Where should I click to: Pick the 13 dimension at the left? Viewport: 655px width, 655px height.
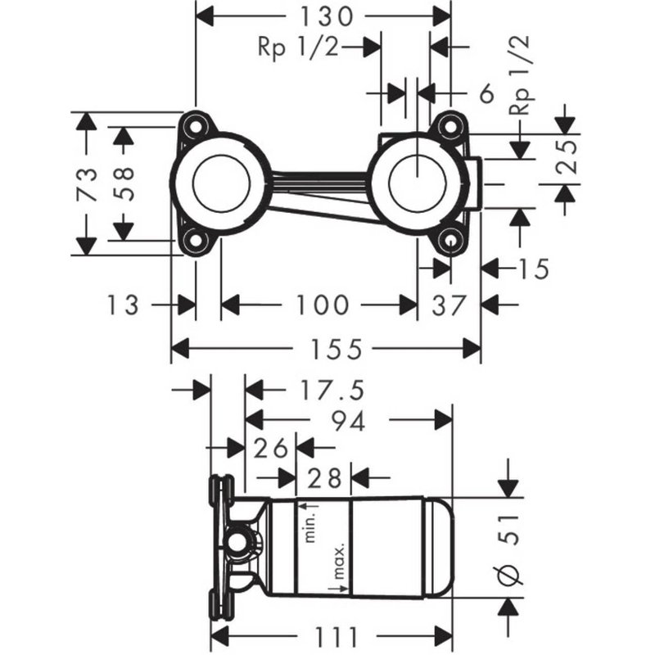coord(124,305)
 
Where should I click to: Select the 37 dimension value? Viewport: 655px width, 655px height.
coord(449,305)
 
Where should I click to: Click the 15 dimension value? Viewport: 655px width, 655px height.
coord(531,268)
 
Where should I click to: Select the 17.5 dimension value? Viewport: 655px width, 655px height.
coord(320,389)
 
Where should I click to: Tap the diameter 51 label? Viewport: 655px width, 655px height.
coord(509,544)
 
